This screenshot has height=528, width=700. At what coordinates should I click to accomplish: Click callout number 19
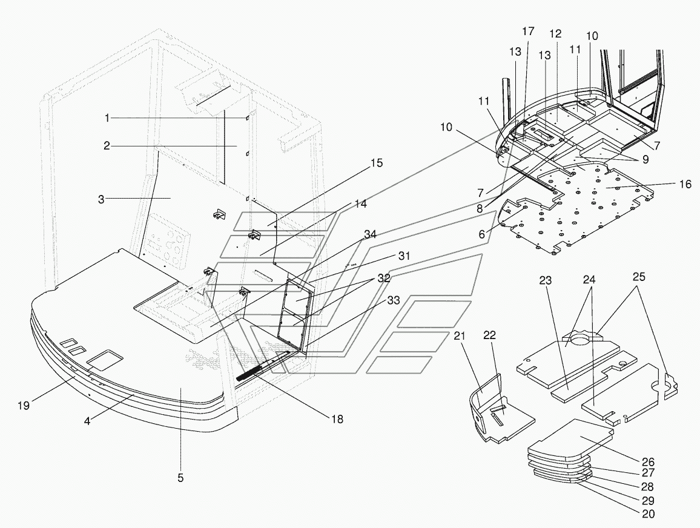pyautogui.click(x=23, y=405)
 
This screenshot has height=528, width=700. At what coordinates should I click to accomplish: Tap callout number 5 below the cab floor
pyautogui.click(x=180, y=478)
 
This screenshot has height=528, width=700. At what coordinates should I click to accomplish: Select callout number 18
pyautogui.click(x=337, y=419)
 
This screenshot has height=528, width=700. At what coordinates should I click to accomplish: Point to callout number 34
pyautogui.click(x=370, y=234)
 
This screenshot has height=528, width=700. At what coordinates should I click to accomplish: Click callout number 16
pyautogui.click(x=685, y=184)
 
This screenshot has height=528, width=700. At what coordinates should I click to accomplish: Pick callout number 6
pyautogui.click(x=481, y=234)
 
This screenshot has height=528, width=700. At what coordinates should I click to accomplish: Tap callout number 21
pyautogui.click(x=460, y=335)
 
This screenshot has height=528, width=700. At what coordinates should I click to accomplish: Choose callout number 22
pyautogui.click(x=490, y=335)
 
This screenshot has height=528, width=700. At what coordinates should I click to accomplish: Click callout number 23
pyautogui.click(x=546, y=280)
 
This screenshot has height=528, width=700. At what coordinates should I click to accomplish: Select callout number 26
pyautogui.click(x=648, y=462)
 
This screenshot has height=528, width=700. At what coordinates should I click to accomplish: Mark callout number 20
pyautogui.click(x=648, y=513)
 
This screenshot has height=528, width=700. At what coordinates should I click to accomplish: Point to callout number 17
pyautogui.click(x=528, y=31)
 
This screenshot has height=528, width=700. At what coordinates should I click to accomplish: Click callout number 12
pyautogui.click(x=555, y=33)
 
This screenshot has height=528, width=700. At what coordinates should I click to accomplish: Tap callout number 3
pyautogui.click(x=101, y=199)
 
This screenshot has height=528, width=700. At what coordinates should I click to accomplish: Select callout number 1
pyautogui.click(x=107, y=118)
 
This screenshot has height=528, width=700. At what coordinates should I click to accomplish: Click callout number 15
pyautogui.click(x=377, y=163)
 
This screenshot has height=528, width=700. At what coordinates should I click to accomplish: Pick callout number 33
pyautogui.click(x=394, y=300)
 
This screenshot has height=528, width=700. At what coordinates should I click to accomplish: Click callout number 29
pyautogui.click(x=648, y=500)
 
